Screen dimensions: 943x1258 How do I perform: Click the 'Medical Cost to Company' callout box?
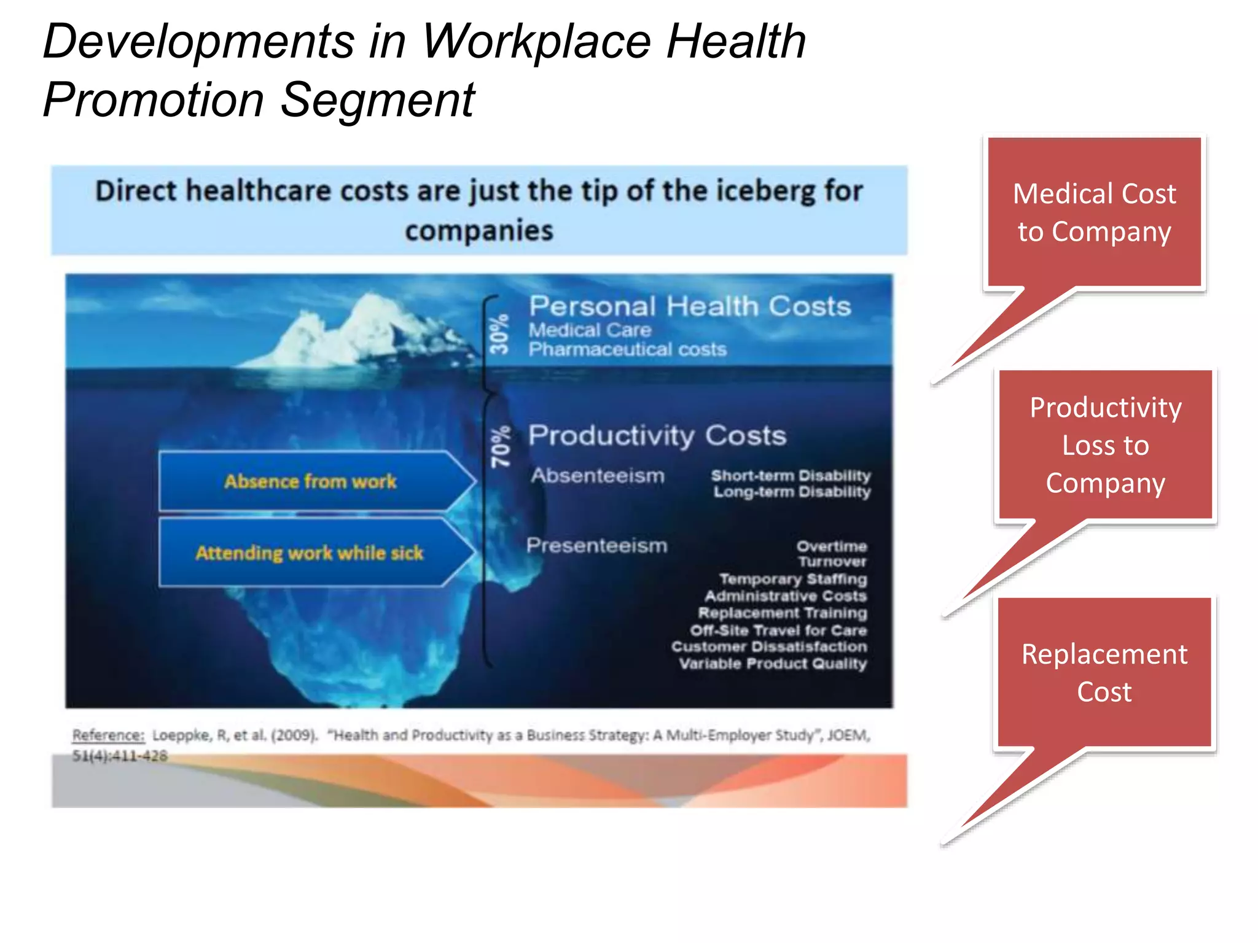pyautogui.click(x=1094, y=212)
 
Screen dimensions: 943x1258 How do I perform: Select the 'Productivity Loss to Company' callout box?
pyautogui.click(x=1105, y=445)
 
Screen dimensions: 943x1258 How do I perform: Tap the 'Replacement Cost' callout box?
pyautogui.click(x=1104, y=672)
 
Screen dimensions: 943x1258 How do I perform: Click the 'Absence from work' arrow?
pyautogui.click(x=310, y=481)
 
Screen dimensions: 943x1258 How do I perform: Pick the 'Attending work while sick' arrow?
pyautogui.click(x=310, y=553)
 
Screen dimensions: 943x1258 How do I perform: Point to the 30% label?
pyautogui.click(x=499, y=334)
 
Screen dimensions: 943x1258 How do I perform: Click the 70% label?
pyautogui.click(x=501, y=447)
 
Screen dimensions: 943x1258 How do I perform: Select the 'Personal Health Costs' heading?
pyautogui.click(x=689, y=306)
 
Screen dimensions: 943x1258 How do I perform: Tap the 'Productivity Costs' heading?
pyautogui.click(x=657, y=435)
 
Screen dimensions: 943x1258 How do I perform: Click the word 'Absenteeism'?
pyautogui.click(x=598, y=475)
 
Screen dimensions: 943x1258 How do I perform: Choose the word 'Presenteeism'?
pyautogui.click(x=596, y=545)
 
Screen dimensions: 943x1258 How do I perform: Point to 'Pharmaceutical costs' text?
pyautogui.click(x=627, y=349)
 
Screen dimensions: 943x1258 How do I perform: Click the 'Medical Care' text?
pyautogui.click(x=590, y=330)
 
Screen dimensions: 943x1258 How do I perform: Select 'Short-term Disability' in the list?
pyautogui.click(x=791, y=475)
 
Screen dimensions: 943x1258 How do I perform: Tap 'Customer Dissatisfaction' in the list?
pyautogui.click(x=769, y=646)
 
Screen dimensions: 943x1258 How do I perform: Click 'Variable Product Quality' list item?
pyautogui.click(x=773, y=664)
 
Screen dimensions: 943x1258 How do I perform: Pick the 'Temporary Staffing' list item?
pyautogui.click(x=793, y=579)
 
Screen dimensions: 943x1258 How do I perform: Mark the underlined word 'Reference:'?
pyautogui.click(x=108, y=735)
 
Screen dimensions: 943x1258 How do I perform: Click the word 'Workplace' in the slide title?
pyautogui.click(x=536, y=42)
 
